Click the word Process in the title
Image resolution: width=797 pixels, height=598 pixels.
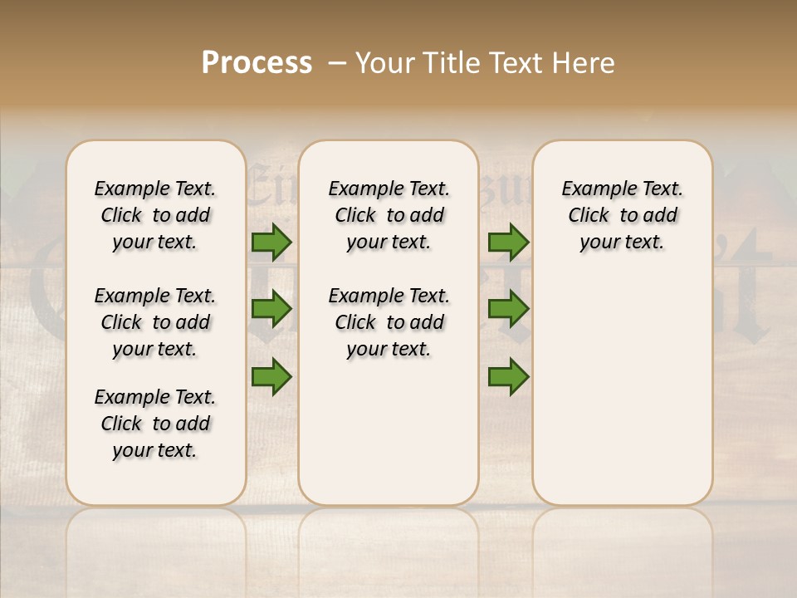point(257,63)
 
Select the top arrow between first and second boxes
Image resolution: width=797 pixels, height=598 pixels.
point(271,243)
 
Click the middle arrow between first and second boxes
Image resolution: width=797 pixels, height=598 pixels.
point(271,310)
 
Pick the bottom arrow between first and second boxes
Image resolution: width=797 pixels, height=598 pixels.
point(271,376)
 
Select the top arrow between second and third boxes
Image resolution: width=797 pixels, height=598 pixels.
point(508,243)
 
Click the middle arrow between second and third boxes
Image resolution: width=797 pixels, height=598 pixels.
point(508,310)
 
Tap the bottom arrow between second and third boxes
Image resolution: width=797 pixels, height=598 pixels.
point(508,376)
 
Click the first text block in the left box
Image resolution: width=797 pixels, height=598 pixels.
point(155,215)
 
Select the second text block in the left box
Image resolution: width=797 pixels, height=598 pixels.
point(155,322)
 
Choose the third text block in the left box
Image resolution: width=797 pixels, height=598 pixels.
point(155,424)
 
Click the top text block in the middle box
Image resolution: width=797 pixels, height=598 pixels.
point(389,215)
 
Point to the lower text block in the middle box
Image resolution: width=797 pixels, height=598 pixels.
point(389,322)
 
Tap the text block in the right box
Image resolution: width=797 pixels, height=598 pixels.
point(623,215)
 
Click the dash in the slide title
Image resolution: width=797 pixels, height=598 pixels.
point(337,64)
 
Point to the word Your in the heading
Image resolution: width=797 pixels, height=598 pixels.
point(384,63)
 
